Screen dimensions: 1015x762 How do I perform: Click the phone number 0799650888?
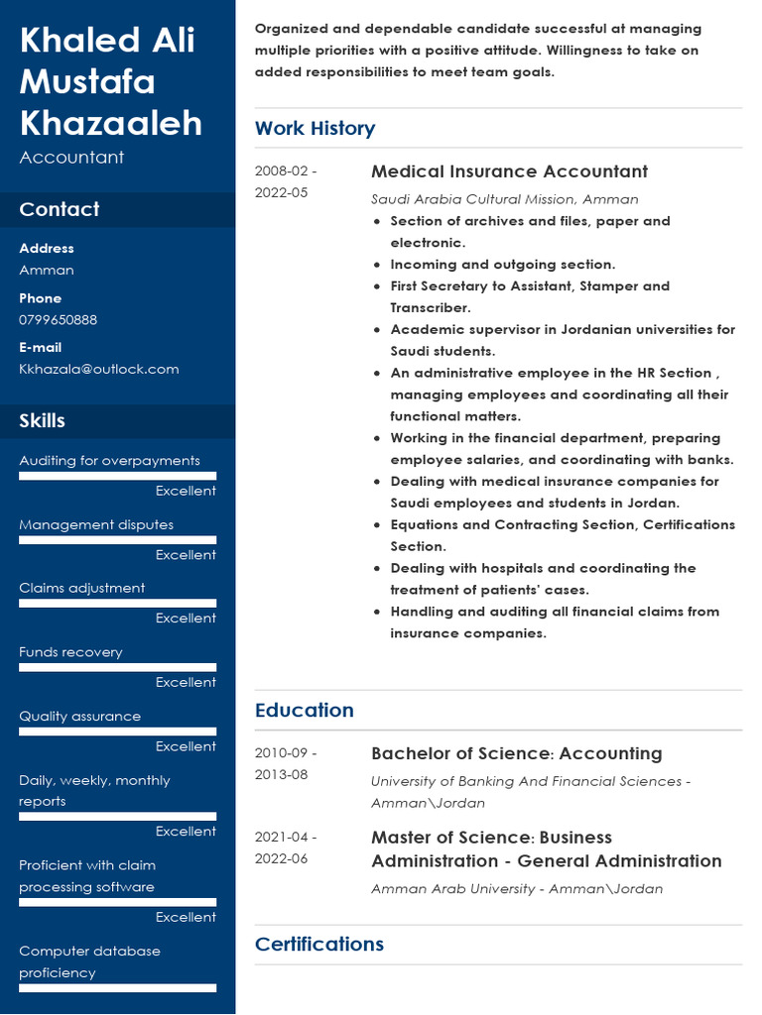(59, 320)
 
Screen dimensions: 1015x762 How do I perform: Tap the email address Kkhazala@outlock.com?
(99, 369)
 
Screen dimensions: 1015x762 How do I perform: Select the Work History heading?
(315, 128)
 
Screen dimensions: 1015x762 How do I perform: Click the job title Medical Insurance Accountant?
(509, 171)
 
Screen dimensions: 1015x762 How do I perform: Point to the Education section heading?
(304, 710)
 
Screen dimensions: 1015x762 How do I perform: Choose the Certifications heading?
(318, 944)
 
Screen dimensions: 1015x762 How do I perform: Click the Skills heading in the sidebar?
(42, 420)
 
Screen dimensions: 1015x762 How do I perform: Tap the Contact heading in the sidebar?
(60, 209)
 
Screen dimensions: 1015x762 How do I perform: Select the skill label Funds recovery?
(70, 652)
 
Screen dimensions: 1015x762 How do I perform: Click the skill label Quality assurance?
(79, 716)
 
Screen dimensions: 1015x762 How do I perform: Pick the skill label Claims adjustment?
(81, 588)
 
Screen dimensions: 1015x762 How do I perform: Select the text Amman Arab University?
(452, 889)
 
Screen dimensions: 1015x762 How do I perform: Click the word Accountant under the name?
(71, 158)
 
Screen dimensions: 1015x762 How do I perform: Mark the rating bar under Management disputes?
(117, 540)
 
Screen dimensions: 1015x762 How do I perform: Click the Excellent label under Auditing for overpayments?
(186, 491)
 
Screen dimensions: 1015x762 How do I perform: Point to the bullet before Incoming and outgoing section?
(377, 266)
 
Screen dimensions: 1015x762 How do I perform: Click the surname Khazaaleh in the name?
(111, 123)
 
